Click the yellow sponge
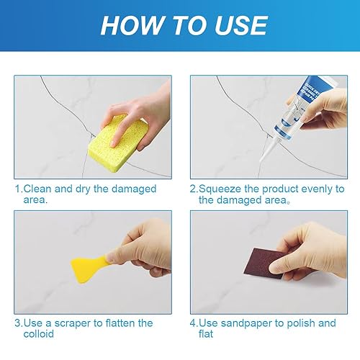pyautogui.click(x=118, y=143)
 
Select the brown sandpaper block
pyautogui.click(x=264, y=264)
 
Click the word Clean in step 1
pyautogui.click(x=37, y=189)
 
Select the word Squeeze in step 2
pyautogui.click(x=220, y=189)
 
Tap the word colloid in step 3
pyautogui.click(x=39, y=334)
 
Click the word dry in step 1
pyautogui.click(x=83, y=189)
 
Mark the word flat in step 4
pyautogui.click(x=206, y=334)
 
